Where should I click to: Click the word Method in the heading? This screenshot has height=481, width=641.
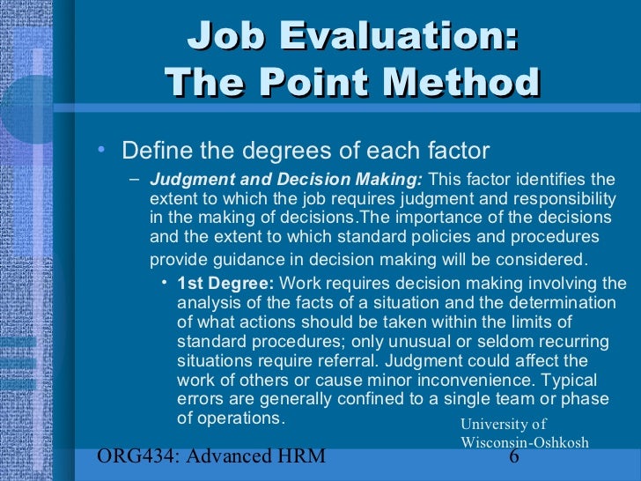coord(465,84)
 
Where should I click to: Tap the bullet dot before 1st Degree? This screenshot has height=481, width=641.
coord(165,284)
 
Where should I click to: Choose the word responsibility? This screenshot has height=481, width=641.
coord(565,199)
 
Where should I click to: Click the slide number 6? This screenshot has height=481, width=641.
coord(514,455)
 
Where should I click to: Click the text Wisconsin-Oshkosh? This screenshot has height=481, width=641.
coord(524,442)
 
